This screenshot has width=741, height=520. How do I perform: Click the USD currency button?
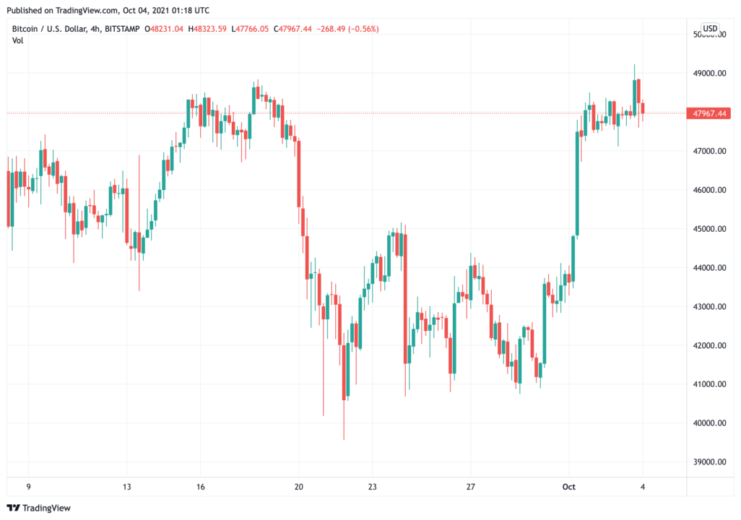(711, 29)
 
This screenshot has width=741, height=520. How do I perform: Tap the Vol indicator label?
(17, 40)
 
